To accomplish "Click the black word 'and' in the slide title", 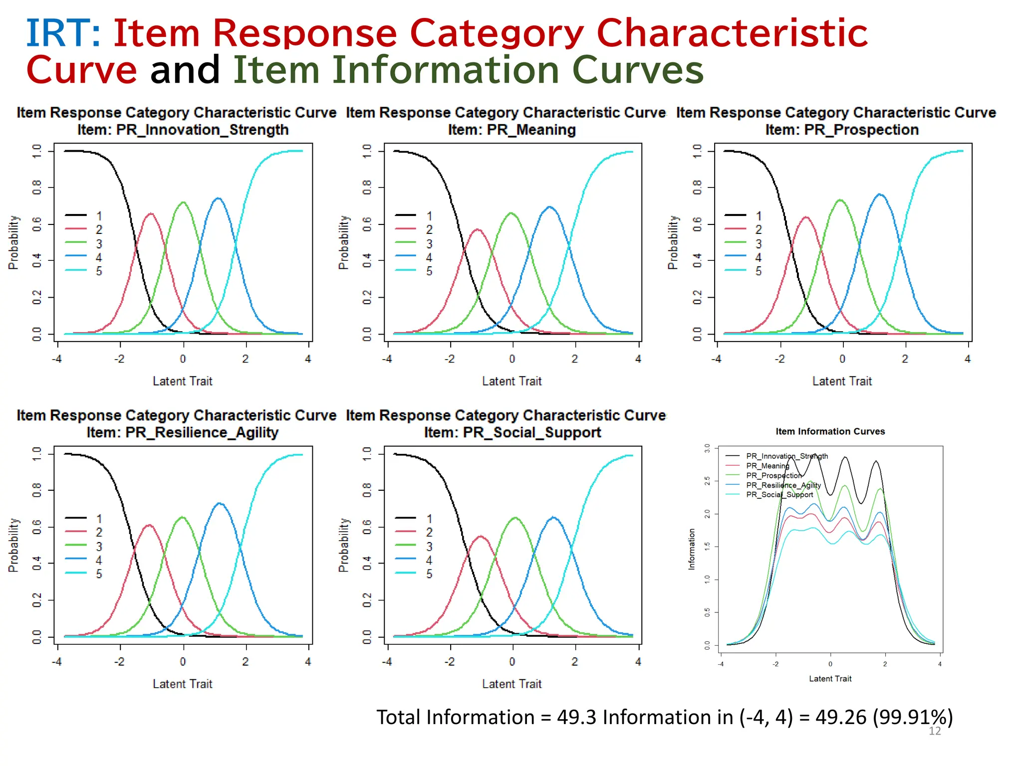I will (x=185, y=70).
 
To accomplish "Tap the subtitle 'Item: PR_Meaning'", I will (x=511, y=130).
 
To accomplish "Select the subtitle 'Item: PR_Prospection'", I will (x=842, y=130).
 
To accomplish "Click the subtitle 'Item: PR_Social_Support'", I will (x=512, y=432).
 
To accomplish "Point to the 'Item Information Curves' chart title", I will (x=830, y=431).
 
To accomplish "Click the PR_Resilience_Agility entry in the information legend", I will (x=783, y=485).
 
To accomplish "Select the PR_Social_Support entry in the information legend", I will (x=779, y=495).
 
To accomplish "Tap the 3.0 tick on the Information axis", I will (x=707, y=448).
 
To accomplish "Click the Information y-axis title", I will (x=692, y=549).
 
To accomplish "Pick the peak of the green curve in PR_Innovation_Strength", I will (x=183, y=202).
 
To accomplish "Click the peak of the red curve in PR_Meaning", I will (x=478, y=230).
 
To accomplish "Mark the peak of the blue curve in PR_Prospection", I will (x=880, y=194).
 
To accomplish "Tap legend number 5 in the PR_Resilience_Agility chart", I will (x=99, y=574).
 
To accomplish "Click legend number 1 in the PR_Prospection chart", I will (x=759, y=216).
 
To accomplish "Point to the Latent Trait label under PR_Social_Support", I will (x=511, y=684).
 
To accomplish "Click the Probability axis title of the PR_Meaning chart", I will (x=343, y=242).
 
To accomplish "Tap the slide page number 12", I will (x=934, y=731).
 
